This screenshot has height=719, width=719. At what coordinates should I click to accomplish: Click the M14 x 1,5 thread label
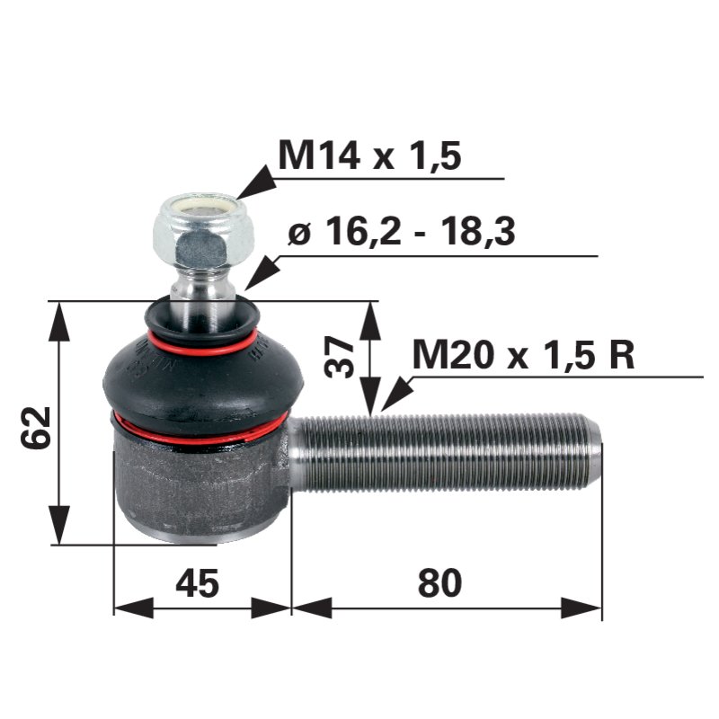369,155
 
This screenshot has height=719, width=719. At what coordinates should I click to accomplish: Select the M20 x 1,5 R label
523,355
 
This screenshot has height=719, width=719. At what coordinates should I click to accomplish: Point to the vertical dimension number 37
340,356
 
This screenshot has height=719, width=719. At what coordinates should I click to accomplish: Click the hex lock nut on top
203,227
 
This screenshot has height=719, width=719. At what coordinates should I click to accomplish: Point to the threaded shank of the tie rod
440,452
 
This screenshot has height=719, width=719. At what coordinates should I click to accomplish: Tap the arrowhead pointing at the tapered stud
259,273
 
